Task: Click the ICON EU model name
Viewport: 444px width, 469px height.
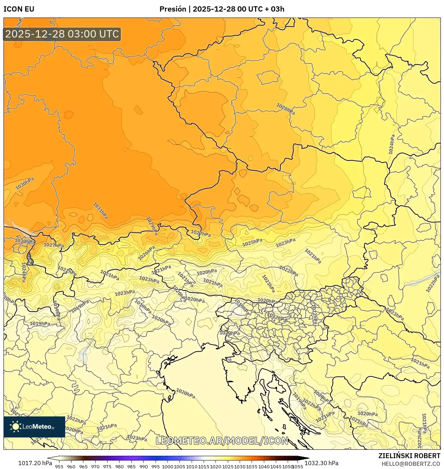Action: pyautogui.click(x=19, y=9)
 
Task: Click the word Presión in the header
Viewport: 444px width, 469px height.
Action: pyautogui.click(x=172, y=9)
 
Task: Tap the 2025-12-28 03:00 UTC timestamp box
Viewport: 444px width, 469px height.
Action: pyautogui.click(x=62, y=34)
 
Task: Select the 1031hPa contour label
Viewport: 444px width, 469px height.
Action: pyautogui.click(x=101, y=211)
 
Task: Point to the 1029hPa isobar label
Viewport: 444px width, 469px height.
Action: pyautogui.click(x=152, y=226)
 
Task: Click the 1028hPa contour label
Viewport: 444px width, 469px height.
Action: pyautogui.click(x=286, y=109)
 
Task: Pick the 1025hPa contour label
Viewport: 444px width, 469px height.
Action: pyautogui.click(x=252, y=242)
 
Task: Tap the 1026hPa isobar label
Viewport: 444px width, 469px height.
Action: pyautogui.click(x=146, y=253)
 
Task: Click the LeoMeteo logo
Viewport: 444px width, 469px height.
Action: pyautogui.click(x=34, y=427)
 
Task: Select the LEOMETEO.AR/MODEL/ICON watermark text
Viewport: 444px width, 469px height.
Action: pyautogui.click(x=222, y=441)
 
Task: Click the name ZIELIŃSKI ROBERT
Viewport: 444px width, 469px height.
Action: pyautogui.click(x=409, y=456)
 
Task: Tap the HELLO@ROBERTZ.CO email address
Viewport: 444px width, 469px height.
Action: pyautogui.click(x=411, y=464)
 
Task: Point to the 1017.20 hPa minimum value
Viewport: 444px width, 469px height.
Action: pyautogui.click(x=35, y=463)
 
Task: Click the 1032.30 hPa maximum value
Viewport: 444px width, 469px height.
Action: pyautogui.click(x=321, y=463)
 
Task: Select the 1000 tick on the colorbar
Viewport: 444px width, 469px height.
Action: pyautogui.click(x=168, y=467)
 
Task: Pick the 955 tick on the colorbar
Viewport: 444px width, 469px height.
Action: pyautogui.click(x=59, y=467)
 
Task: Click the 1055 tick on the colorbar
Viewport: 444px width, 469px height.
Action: pyautogui.click(x=298, y=467)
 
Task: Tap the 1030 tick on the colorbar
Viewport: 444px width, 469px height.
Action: pyautogui.click(x=240, y=467)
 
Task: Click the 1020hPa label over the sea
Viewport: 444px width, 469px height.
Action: pyautogui.click(x=185, y=393)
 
